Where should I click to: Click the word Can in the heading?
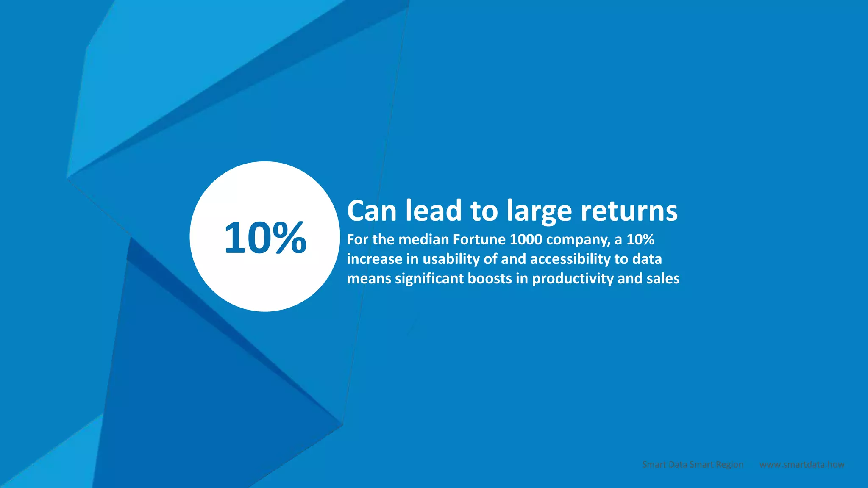click(x=372, y=211)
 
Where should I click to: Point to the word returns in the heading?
click(x=629, y=211)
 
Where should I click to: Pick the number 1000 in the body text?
click(x=526, y=240)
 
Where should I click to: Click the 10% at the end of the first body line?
click(x=640, y=240)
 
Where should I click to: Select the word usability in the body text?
click(x=451, y=259)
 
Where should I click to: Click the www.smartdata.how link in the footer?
click(x=802, y=465)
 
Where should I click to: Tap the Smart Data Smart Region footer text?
click(x=693, y=465)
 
